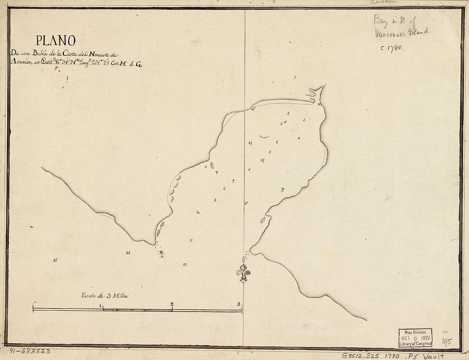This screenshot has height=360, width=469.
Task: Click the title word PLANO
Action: point(55,40)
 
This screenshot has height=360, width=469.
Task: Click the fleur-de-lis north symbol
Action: point(243,273)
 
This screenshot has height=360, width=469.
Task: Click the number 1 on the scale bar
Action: point(101,305)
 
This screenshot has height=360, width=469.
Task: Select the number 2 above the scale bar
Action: point(172,304)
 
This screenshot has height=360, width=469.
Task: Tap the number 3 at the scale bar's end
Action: point(239,304)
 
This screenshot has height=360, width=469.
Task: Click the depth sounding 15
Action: point(55,260)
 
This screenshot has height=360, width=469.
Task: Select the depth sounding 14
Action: point(128,253)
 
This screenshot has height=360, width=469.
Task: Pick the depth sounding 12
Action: point(185,264)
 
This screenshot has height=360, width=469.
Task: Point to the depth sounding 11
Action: point(191,240)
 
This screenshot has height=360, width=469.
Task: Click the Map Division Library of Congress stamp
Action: point(415,337)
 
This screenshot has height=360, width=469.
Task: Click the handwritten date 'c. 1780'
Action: point(392,48)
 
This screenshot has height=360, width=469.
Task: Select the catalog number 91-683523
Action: point(30,351)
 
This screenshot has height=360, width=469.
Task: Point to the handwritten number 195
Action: point(446,342)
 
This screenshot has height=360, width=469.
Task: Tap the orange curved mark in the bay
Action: point(264,137)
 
